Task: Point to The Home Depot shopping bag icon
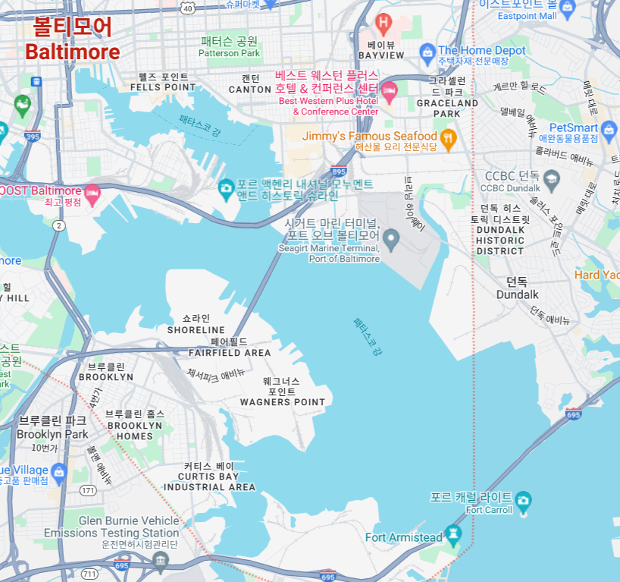(x=427, y=52)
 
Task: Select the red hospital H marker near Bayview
(x=384, y=24)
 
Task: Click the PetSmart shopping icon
(x=609, y=132)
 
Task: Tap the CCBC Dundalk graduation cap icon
(x=551, y=180)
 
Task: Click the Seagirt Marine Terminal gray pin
(x=391, y=241)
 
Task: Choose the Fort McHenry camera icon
(x=225, y=187)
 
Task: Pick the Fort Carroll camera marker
(x=522, y=501)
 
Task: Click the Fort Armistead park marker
(x=453, y=534)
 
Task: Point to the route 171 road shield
(x=89, y=491)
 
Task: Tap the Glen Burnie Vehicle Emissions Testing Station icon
(x=160, y=562)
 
